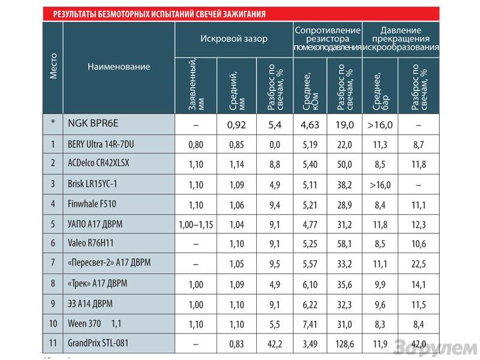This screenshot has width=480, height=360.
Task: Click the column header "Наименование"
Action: click(x=119, y=67)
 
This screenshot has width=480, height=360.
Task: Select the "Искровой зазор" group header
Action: click(x=234, y=38)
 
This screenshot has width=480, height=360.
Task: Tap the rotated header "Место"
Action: click(x=53, y=67)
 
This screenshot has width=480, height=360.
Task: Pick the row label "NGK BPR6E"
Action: click(x=93, y=124)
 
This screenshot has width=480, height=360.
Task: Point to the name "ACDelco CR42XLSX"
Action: click(x=100, y=164)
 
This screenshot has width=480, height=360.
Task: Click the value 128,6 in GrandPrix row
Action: click(x=345, y=344)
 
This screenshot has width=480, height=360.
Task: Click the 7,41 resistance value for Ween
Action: click(x=310, y=323)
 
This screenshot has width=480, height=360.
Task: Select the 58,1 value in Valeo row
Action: click(x=345, y=244)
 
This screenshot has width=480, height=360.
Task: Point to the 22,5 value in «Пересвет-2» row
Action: click(x=419, y=264)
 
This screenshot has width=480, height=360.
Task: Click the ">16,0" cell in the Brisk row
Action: click(x=379, y=184)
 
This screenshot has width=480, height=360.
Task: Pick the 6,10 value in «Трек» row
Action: click(x=310, y=284)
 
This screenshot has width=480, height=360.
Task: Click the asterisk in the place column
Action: click(x=53, y=124)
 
